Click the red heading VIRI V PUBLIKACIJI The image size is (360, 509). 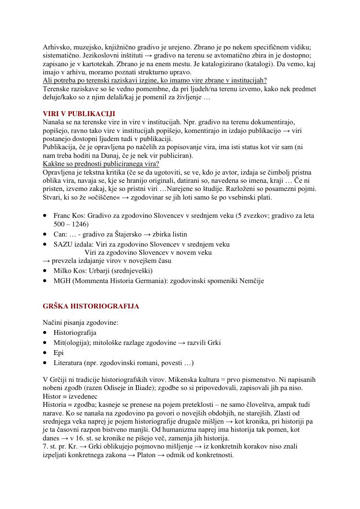click(x=79, y=114)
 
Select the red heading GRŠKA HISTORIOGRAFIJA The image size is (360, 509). click(x=91, y=306)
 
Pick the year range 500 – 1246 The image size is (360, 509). click(x=71, y=224)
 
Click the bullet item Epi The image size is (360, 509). click(x=59, y=353)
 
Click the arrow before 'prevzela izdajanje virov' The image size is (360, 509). click(x=46, y=261)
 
